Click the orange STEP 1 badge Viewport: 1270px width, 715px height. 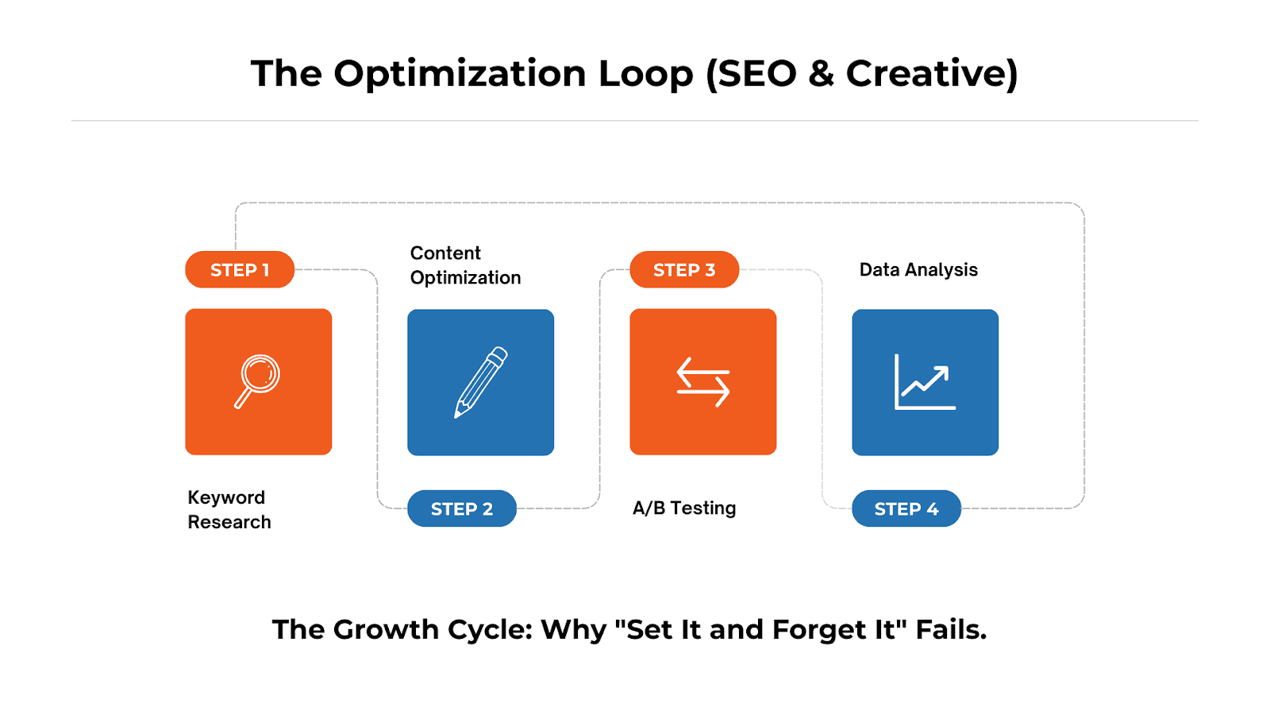[240, 270]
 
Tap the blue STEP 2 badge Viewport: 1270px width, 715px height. [462, 508]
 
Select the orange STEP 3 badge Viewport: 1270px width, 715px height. [684, 270]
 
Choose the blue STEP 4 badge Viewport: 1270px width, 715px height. [906, 508]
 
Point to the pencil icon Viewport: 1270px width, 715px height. [480, 382]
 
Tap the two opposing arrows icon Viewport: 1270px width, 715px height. [702, 382]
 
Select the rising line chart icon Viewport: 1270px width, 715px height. [925, 382]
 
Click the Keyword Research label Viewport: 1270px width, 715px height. [229, 509]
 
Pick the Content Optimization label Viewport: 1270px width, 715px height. [465, 265]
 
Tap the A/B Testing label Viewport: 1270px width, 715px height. [684, 508]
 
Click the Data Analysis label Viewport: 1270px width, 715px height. [918, 270]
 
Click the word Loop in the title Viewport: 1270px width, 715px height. [645, 74]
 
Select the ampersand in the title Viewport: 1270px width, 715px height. [822, 74]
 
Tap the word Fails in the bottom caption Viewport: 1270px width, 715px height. [950, 630]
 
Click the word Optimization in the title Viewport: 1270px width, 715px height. [460, 74]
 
